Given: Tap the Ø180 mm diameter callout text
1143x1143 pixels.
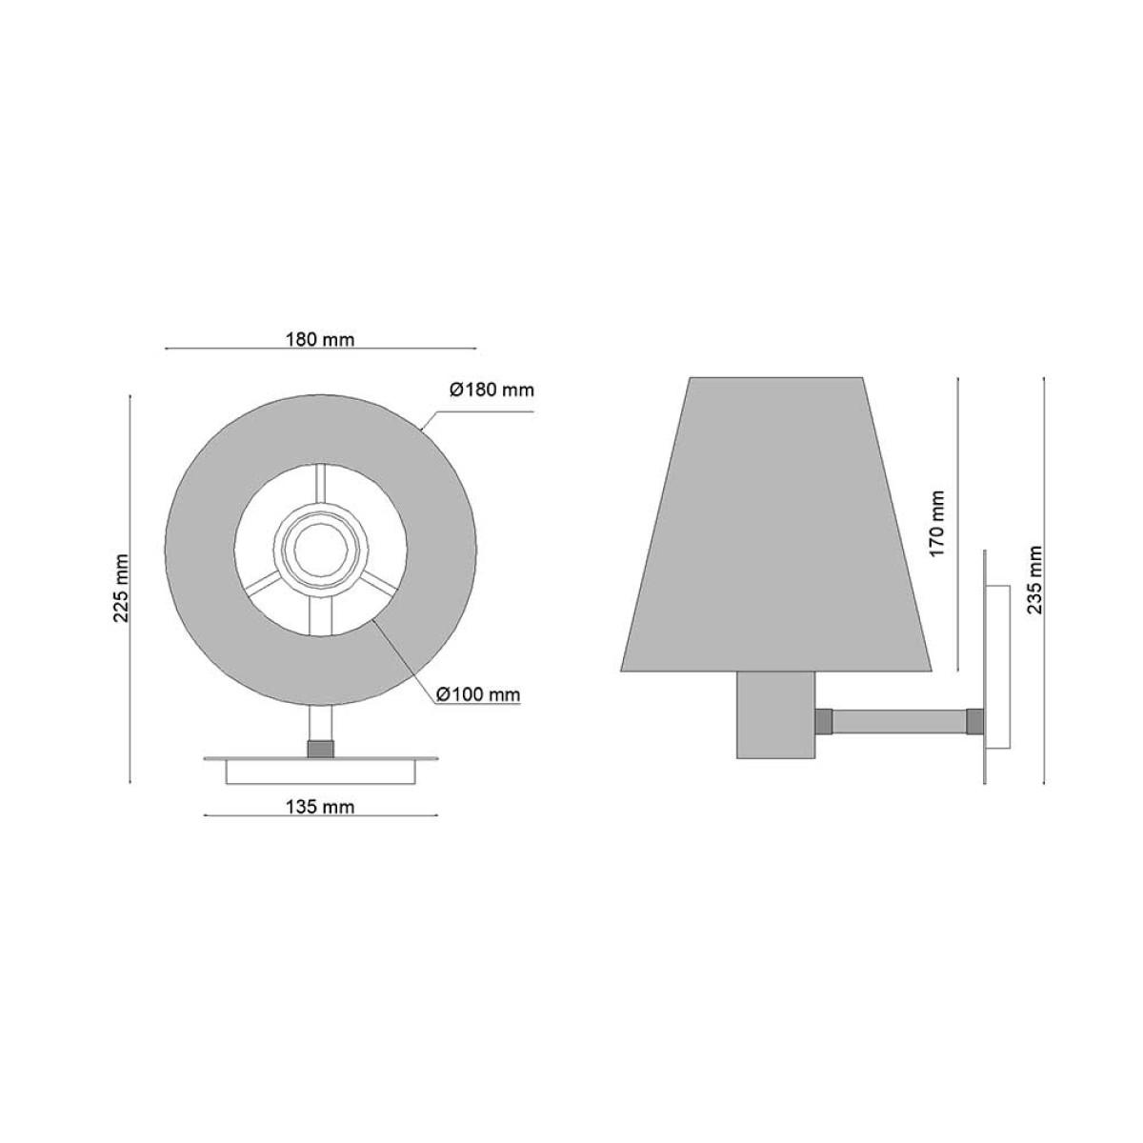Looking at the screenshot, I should click(491, 390).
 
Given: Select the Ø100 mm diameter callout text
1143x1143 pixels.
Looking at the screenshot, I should click(479, 695).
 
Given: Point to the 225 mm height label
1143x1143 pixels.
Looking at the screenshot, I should click(122, 587).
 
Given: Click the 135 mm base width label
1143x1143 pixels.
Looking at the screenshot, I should click(321, 807).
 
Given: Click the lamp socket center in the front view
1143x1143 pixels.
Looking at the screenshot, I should click(321, 549).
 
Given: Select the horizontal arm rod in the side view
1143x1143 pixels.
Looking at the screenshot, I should click(900, 720).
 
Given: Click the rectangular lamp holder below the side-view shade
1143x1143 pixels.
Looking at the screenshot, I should click(777, 714).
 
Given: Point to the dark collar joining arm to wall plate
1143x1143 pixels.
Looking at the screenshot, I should click(975, 720).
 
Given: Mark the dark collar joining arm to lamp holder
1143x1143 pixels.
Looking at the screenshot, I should click(825, 720).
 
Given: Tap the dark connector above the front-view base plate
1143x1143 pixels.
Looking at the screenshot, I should click(321, 749).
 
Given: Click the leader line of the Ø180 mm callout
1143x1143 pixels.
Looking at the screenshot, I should click(476, 412).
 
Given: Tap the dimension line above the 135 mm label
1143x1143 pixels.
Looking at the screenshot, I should click(321, 815).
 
